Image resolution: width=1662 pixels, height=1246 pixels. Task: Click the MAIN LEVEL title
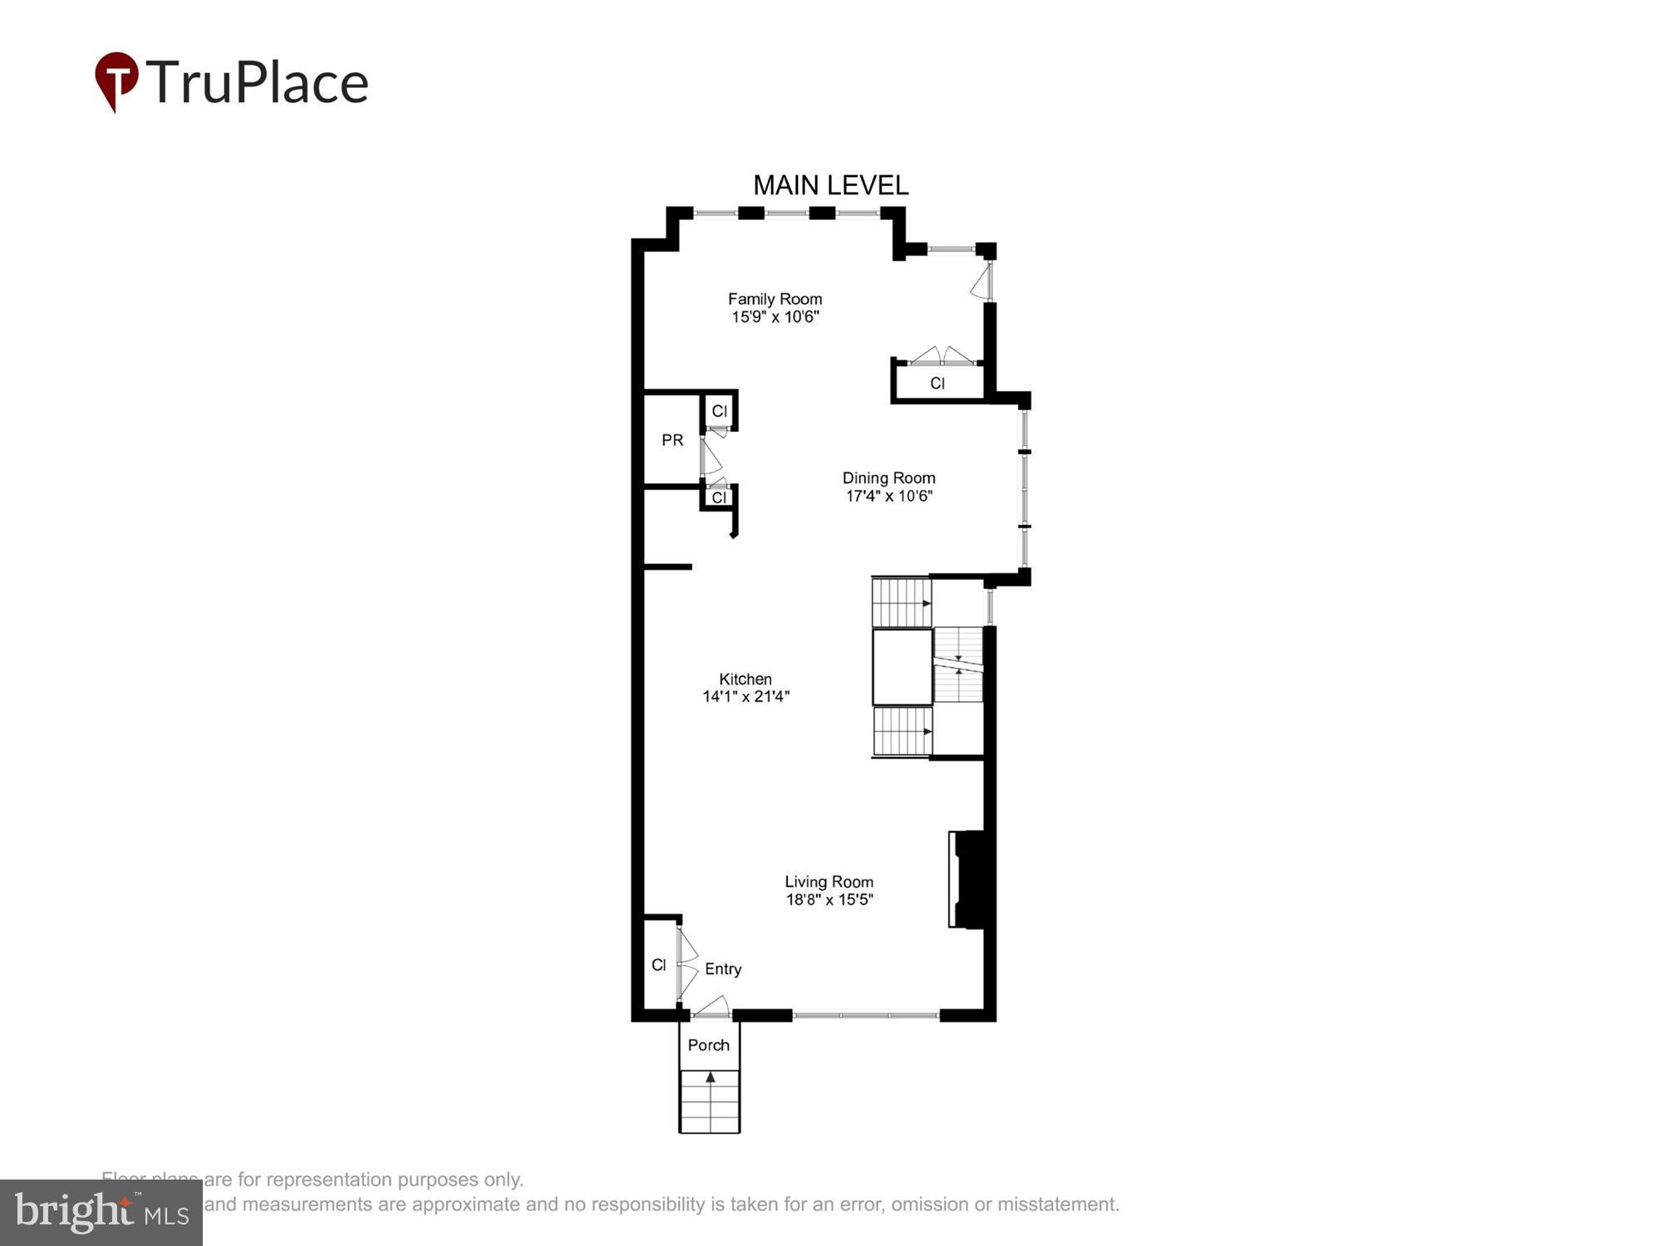pos(830,184)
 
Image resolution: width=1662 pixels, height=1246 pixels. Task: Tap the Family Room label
pos(774,299)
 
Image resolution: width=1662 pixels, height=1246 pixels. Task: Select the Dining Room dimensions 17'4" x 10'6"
pos(889,496)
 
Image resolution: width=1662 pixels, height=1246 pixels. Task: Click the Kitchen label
pos(745,679)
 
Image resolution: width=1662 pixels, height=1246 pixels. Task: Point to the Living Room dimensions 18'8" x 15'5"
pos(829,900)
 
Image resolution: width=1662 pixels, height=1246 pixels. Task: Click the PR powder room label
pos(672,440)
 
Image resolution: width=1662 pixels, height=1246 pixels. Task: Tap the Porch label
pos(708,1045)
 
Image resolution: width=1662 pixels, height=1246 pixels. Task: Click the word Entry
pos(723,969)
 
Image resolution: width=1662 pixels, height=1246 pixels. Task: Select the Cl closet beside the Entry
pos(659,964)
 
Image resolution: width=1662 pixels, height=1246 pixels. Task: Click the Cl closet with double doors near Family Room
pos(937,383)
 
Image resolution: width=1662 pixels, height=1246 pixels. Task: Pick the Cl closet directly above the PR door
pos(719,411)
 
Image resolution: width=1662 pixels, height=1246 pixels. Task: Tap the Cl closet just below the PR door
pos(719,498)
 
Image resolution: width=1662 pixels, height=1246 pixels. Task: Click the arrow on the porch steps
pos(711,1077)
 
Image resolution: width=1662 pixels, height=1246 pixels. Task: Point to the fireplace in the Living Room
pos(971,879)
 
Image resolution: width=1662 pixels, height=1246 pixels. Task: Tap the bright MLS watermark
pos(101,1213)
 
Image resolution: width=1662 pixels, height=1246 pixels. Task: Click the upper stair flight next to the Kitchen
pos(901,602)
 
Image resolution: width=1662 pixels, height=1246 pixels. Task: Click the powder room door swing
pos(711,458)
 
